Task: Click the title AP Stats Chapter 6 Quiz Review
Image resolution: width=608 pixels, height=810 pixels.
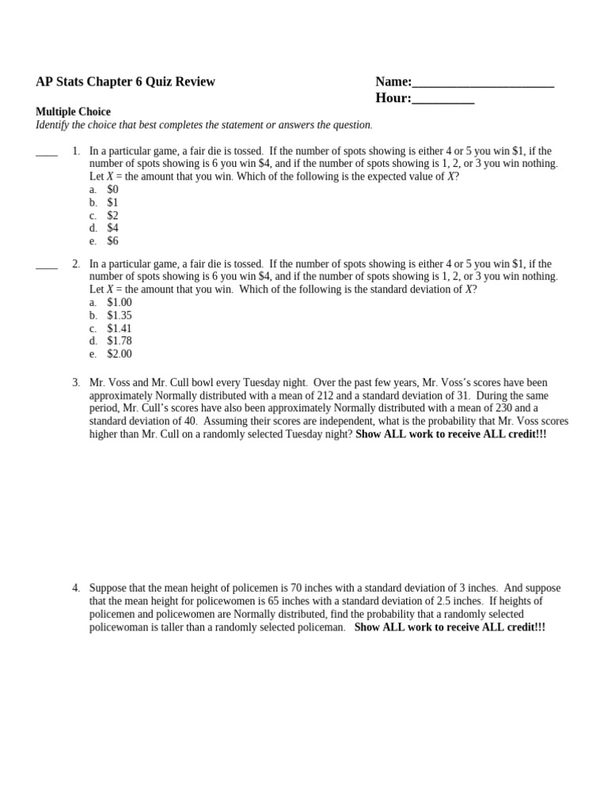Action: click(x=125, y=81)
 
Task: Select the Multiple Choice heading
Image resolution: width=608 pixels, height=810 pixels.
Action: click(x=73, y=112)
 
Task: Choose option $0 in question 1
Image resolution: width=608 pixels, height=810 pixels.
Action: click(x=112, y=190)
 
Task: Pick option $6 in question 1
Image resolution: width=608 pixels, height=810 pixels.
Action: click(x=112, y=241)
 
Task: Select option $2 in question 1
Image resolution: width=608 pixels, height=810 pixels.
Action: click(x=112, y=216)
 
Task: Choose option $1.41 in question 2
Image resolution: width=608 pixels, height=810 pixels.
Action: click(x=120, y=328)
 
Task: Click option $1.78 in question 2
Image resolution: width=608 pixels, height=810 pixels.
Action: click(x=120, y=341)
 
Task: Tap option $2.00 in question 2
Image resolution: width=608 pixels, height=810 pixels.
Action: click(x=120, y=354)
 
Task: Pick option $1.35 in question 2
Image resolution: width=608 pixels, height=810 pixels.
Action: click(x=120, y=316)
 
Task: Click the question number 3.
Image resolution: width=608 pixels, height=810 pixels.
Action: click(x=76, y=383)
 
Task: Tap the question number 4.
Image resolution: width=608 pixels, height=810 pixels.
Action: click(x=76, y=589)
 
